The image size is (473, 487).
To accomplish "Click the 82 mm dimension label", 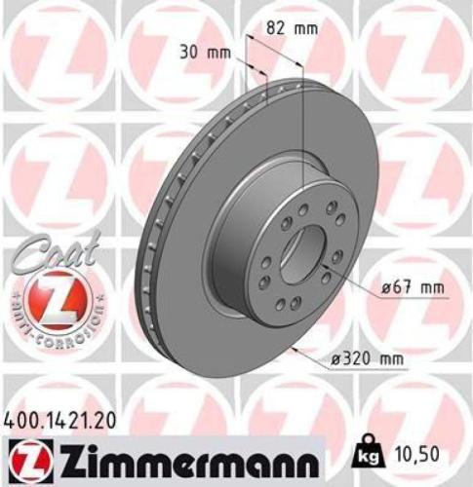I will pyautogui.click(x=293, y=28).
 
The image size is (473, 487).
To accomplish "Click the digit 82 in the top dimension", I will pyautogui.click(x=281, y=28).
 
